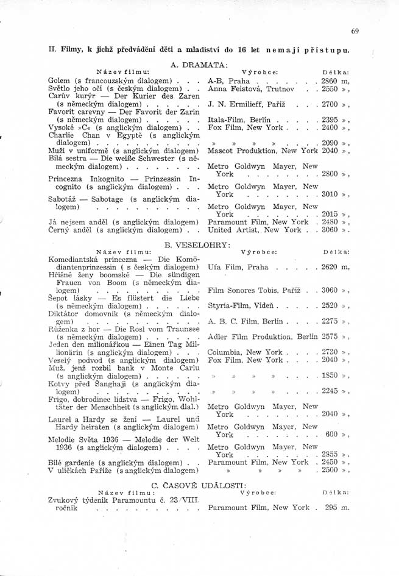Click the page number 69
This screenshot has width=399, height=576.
[x=355, y=30]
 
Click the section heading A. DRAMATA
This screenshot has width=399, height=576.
[x=199, y=63]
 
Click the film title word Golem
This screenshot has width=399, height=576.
[x=58, y=80]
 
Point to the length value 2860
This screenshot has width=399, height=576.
[x=329, y=80]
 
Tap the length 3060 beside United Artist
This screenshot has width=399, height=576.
[x=329, y=230]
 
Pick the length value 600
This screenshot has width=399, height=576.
[x=331, y=435]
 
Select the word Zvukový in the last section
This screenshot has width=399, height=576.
[x=64, y=500]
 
